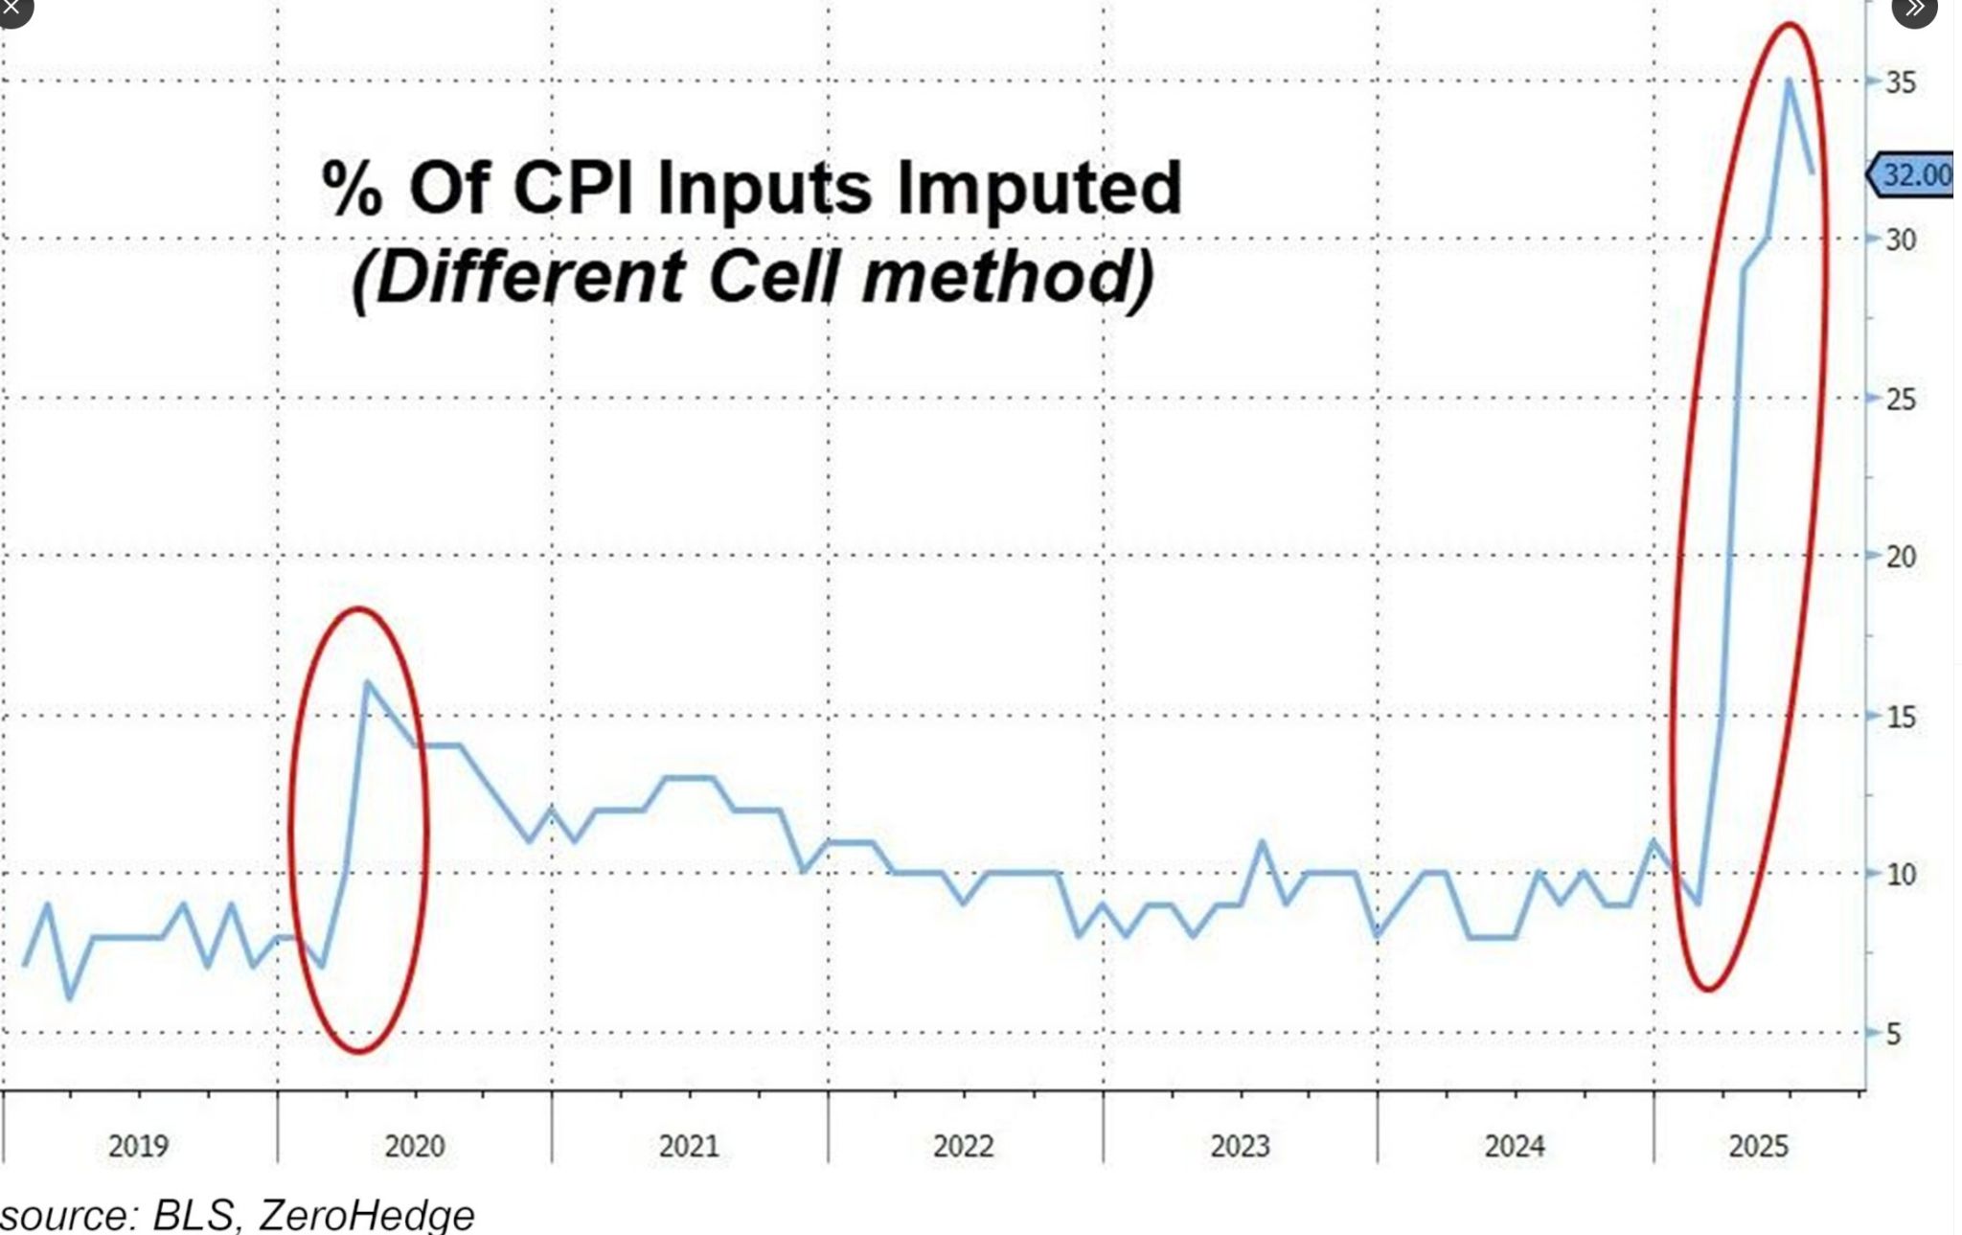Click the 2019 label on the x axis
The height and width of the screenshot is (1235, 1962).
[x=138, y=1146]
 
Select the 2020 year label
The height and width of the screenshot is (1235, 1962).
[x=415, y=1146]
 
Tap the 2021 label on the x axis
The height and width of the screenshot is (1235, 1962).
[x=689, y=1146]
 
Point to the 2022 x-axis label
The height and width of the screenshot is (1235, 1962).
[x=964, y=1146]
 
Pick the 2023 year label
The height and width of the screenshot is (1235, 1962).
[x=1240, y=1146]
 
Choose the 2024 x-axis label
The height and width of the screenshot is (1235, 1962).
[x=1515, y=1146]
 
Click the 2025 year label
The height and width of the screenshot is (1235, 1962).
[x=1759, y=1146]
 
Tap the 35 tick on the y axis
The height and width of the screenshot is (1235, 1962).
[x=1901, y=82]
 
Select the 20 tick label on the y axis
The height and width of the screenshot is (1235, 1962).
[x=1901, y=557]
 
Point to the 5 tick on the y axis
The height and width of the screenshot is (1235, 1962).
[x=1893, y=1034]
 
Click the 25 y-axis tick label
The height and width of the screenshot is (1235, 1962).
[x=1901, y=399]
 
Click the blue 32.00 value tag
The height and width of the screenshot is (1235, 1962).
[x=1914, y=175]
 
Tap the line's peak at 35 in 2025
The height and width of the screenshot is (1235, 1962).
[x=1789, y=80]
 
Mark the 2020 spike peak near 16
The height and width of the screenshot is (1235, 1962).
[x=368, y=682]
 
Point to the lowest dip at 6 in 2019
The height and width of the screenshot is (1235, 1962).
[x=69, y=998]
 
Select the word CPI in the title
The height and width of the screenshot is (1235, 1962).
[x=573, y=188]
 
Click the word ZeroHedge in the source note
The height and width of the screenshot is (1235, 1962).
[x=367, y=1215]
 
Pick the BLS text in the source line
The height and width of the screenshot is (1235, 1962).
[x=194, y=1215]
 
